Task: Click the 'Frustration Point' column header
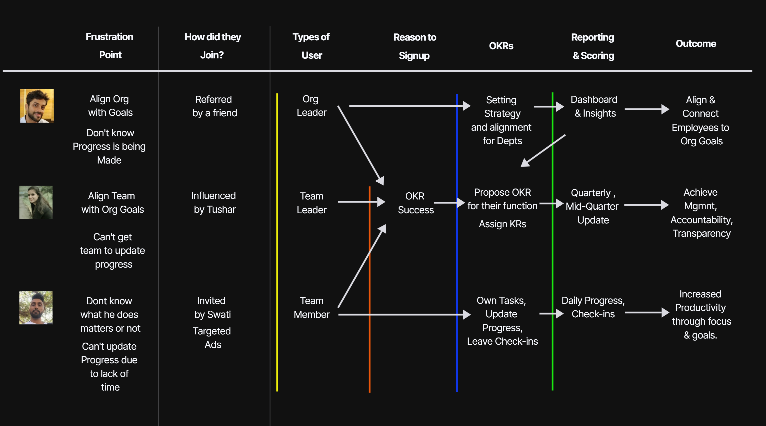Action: click(110, 46)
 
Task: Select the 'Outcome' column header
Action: click(695, 44)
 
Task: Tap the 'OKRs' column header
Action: click(501, 46)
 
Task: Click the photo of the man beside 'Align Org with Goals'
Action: click(37, 106)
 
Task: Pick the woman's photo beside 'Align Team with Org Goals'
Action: click(36, 203)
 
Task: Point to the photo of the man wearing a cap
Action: click(36, 308)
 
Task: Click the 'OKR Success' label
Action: click(415, 203)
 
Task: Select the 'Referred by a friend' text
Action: click(214, 106)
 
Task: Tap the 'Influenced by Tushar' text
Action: click(214, 203)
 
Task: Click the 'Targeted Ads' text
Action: click(212, 338)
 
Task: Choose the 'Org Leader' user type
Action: click(311, 106)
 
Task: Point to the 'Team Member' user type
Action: click(311, 308)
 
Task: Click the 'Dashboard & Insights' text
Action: click(594, 106)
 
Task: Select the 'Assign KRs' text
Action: click(502, 224)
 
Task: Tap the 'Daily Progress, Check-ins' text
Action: click(593, 307)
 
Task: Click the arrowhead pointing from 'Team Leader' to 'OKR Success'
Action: click(381, 202)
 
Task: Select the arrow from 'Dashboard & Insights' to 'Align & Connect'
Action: click(646, 109)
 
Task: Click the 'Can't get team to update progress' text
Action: click(113, 250)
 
